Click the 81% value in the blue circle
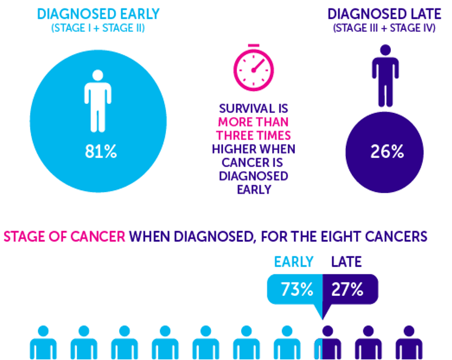coord(100,152)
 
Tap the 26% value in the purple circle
coord(386,152)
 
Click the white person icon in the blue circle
coord(98,100)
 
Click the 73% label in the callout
coord(297,290)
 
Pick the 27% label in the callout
coord(348,290)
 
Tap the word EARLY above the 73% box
coord(294,262)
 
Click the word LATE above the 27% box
coord(346,262)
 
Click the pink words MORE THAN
coord(253,122)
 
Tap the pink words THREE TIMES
coord(253,136)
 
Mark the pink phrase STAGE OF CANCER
coord(64,235)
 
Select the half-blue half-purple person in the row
coord(327,343)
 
